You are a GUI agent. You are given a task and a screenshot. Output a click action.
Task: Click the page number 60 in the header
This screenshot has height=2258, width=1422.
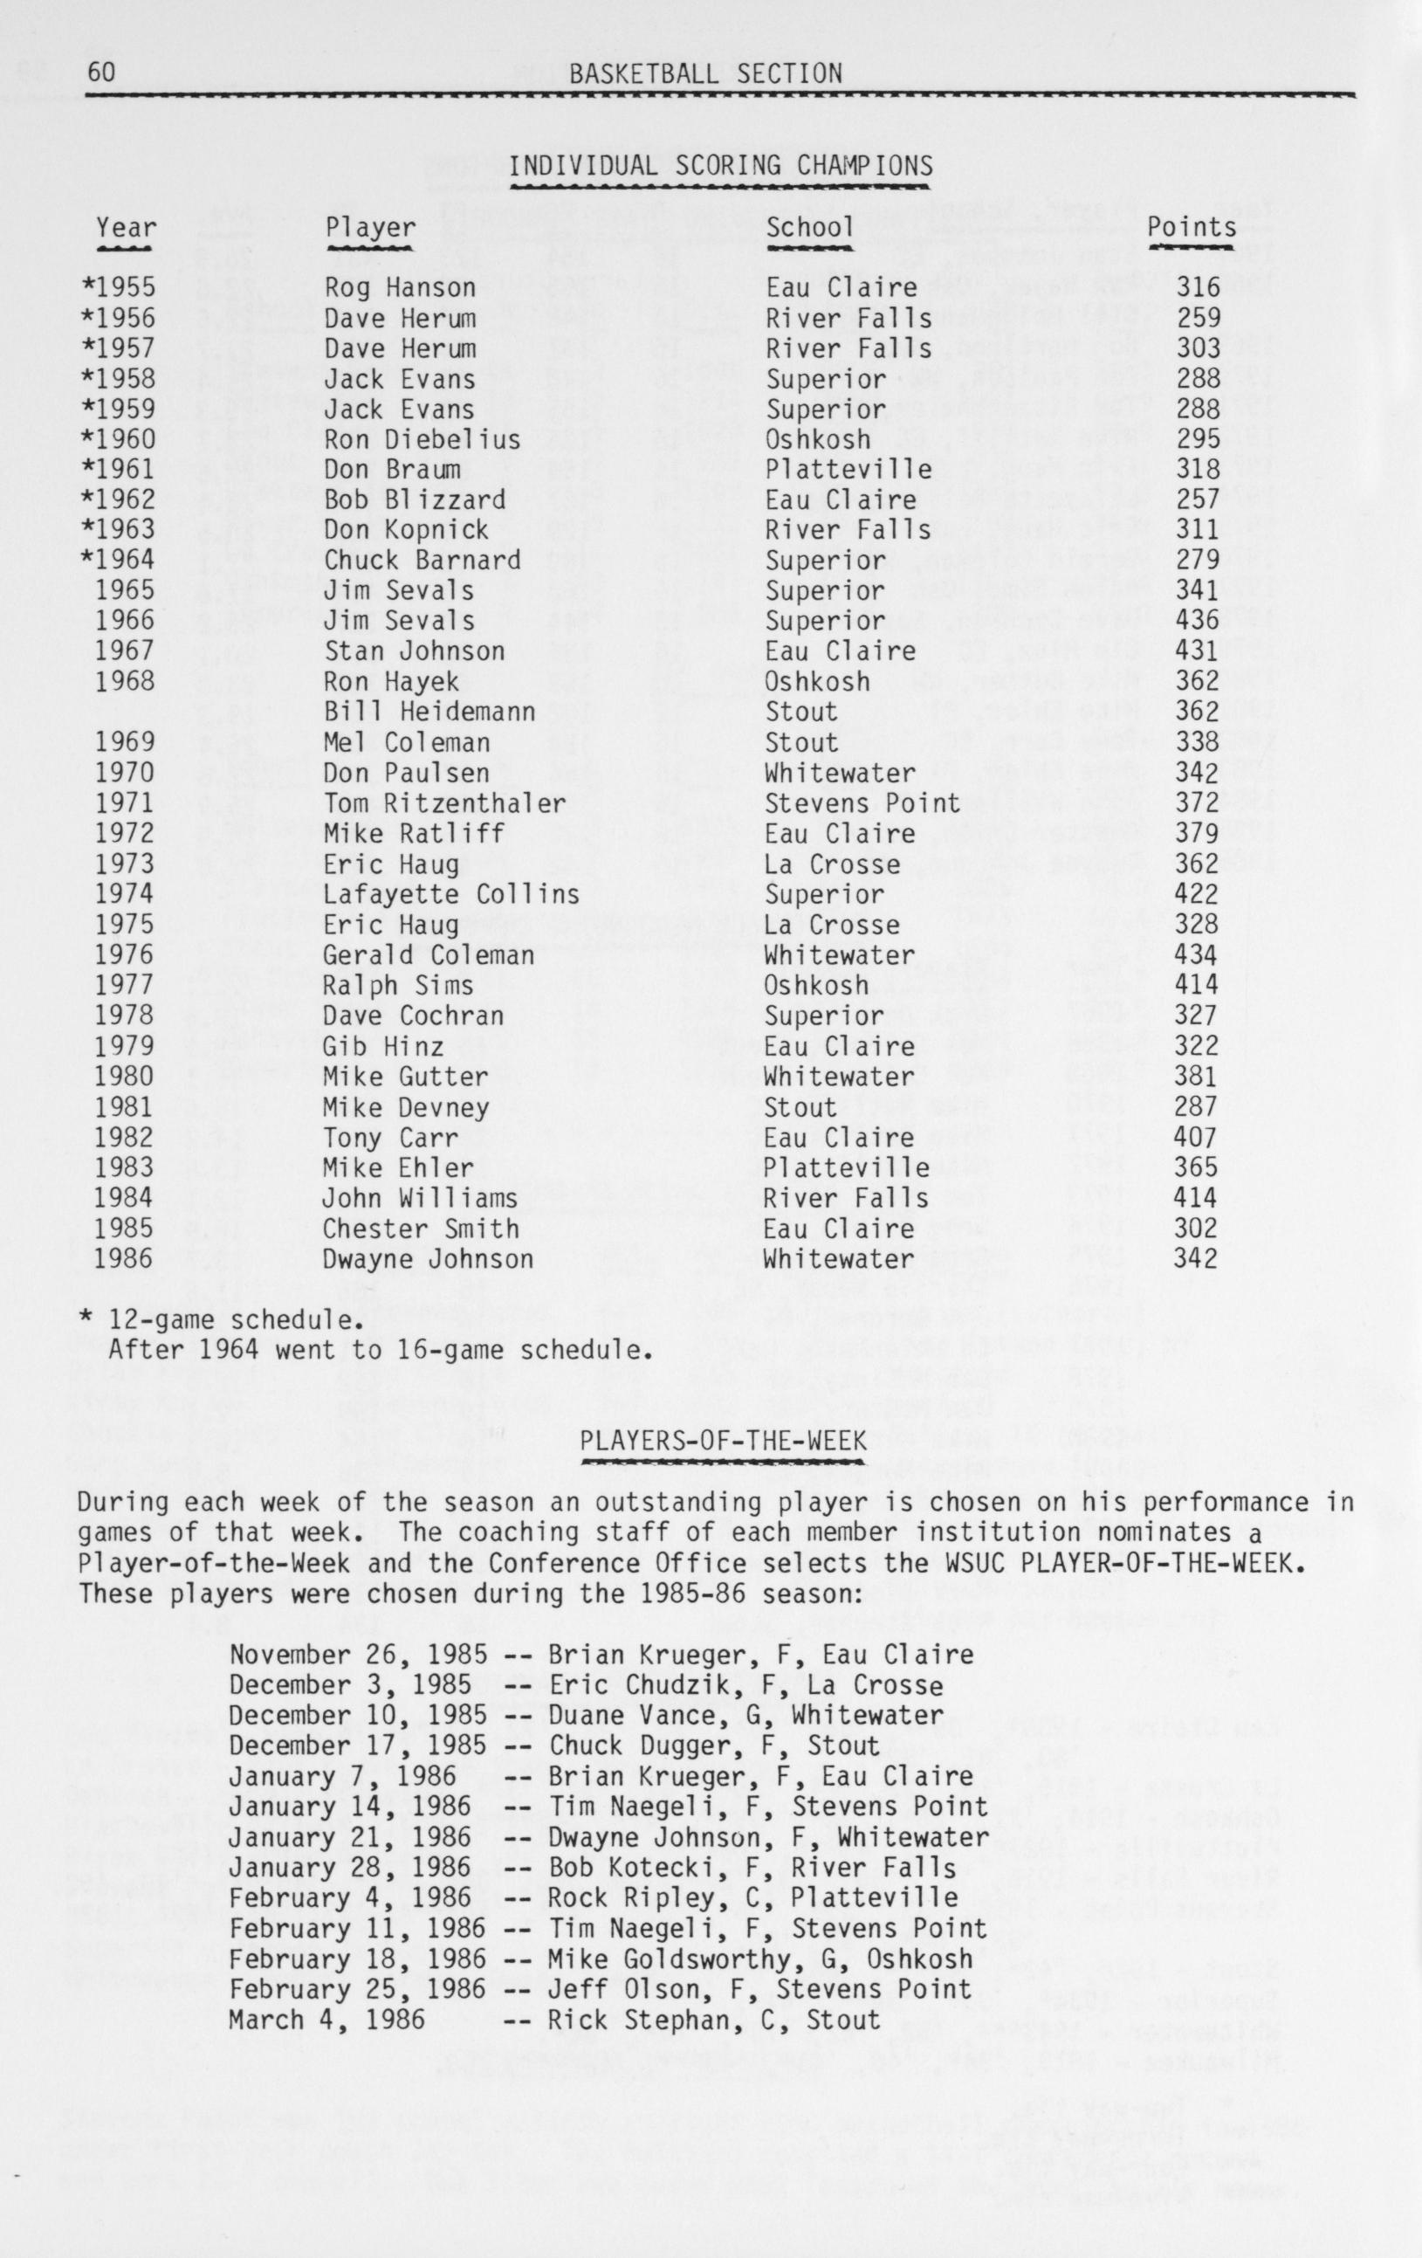pos(102,73)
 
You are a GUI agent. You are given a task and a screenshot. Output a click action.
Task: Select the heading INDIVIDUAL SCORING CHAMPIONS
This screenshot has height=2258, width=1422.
pos(721,166)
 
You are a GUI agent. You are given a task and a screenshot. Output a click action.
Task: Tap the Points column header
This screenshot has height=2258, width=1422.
pos(1192,227)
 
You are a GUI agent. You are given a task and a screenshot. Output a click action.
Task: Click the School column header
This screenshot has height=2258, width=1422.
pos(810,227)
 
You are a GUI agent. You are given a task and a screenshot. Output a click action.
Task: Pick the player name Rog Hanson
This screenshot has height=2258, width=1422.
pos(401,287)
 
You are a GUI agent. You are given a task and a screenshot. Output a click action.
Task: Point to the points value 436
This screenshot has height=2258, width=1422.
pos(1198,620)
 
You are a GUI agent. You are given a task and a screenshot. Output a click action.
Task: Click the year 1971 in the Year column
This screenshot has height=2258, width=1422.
pos(124,802)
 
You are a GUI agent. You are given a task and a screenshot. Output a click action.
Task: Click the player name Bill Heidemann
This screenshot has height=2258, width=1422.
pos(429,712)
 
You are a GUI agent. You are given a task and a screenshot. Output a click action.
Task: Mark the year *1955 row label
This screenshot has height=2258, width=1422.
pos(119,287)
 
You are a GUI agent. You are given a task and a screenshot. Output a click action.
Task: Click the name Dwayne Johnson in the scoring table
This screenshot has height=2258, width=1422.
pos(428,1258)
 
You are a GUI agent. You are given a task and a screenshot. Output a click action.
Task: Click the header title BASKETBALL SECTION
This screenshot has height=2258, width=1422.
pos(705,73)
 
